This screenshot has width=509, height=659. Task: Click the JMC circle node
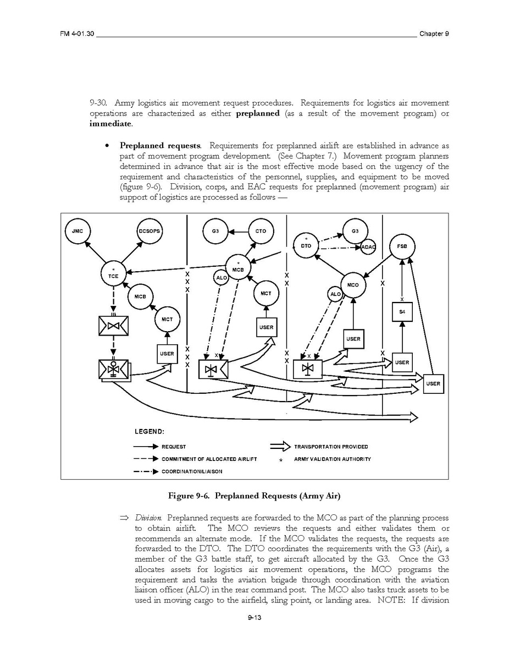point(78,231)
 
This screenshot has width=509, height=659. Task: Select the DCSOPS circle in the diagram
point(148,231)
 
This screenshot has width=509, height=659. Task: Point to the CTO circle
point(261,231)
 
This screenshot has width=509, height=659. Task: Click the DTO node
point(306,245)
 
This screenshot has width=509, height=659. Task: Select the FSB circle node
point(402,246)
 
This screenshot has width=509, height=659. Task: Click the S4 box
point(402,312)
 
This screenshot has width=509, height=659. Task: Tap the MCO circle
point(353,285)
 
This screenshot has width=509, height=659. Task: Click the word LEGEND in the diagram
point(149,431)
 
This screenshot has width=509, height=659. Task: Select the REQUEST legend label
point(173,447)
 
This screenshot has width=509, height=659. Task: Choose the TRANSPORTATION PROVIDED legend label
point(331,447)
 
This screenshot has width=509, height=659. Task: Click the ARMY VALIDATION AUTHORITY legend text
point(332,459)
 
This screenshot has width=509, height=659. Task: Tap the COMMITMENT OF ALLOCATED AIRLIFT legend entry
point(209,459)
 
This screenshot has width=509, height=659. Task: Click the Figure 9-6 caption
point(254,496)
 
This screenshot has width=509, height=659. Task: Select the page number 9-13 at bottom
point(254,618)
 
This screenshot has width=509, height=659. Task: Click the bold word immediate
point(110,124)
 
